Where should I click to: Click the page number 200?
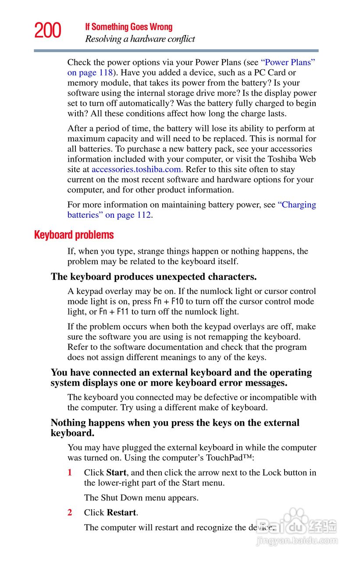[48, 31]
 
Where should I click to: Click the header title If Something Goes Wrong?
[128, 27]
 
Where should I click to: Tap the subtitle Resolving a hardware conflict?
[140, 39]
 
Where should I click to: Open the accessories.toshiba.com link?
[136, 170]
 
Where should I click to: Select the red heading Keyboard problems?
[74, 235]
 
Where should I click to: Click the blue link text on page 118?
[90, 73]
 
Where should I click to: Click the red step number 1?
[70, 473]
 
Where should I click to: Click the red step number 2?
[70, 513]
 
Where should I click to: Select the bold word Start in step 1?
[116, 473]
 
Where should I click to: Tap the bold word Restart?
[121, 513]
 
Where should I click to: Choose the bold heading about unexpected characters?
[153, 277]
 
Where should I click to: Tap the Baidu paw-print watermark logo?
[297, 520]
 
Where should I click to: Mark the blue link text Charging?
[297, 205]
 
